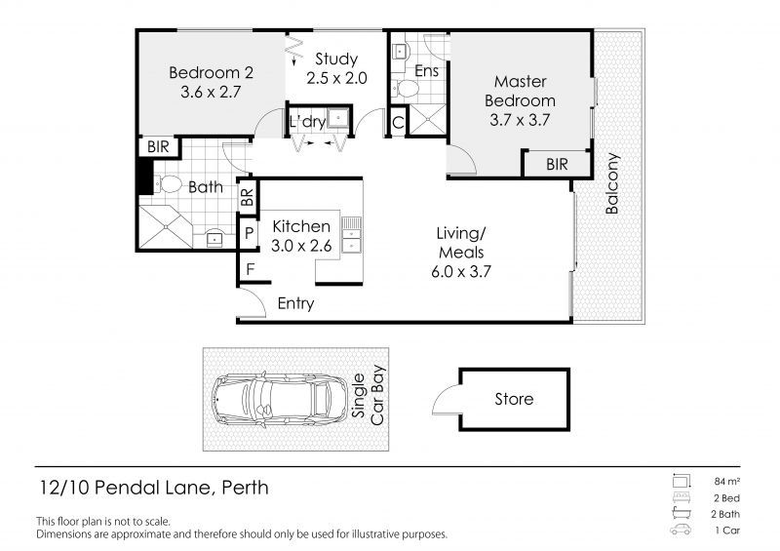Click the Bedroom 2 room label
(211, 73)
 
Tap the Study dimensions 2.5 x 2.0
(336, 78)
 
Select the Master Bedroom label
(520, 91)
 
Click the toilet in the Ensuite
(406, 90)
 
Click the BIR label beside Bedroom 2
(158, 147)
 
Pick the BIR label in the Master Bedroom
(557, 164)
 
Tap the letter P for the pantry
(250, 233)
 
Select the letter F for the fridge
(251, 269)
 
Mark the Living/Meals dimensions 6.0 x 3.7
(461, 272)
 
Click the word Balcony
(612, 183)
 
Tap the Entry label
(295, 303)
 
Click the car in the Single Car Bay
(280, 399)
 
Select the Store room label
(514, 399)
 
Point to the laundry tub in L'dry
(338, 118)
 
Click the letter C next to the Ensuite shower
(398, 123)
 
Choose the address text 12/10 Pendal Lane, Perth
(154, 488)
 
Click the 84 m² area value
(727, 482)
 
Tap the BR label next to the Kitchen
(248, 198)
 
